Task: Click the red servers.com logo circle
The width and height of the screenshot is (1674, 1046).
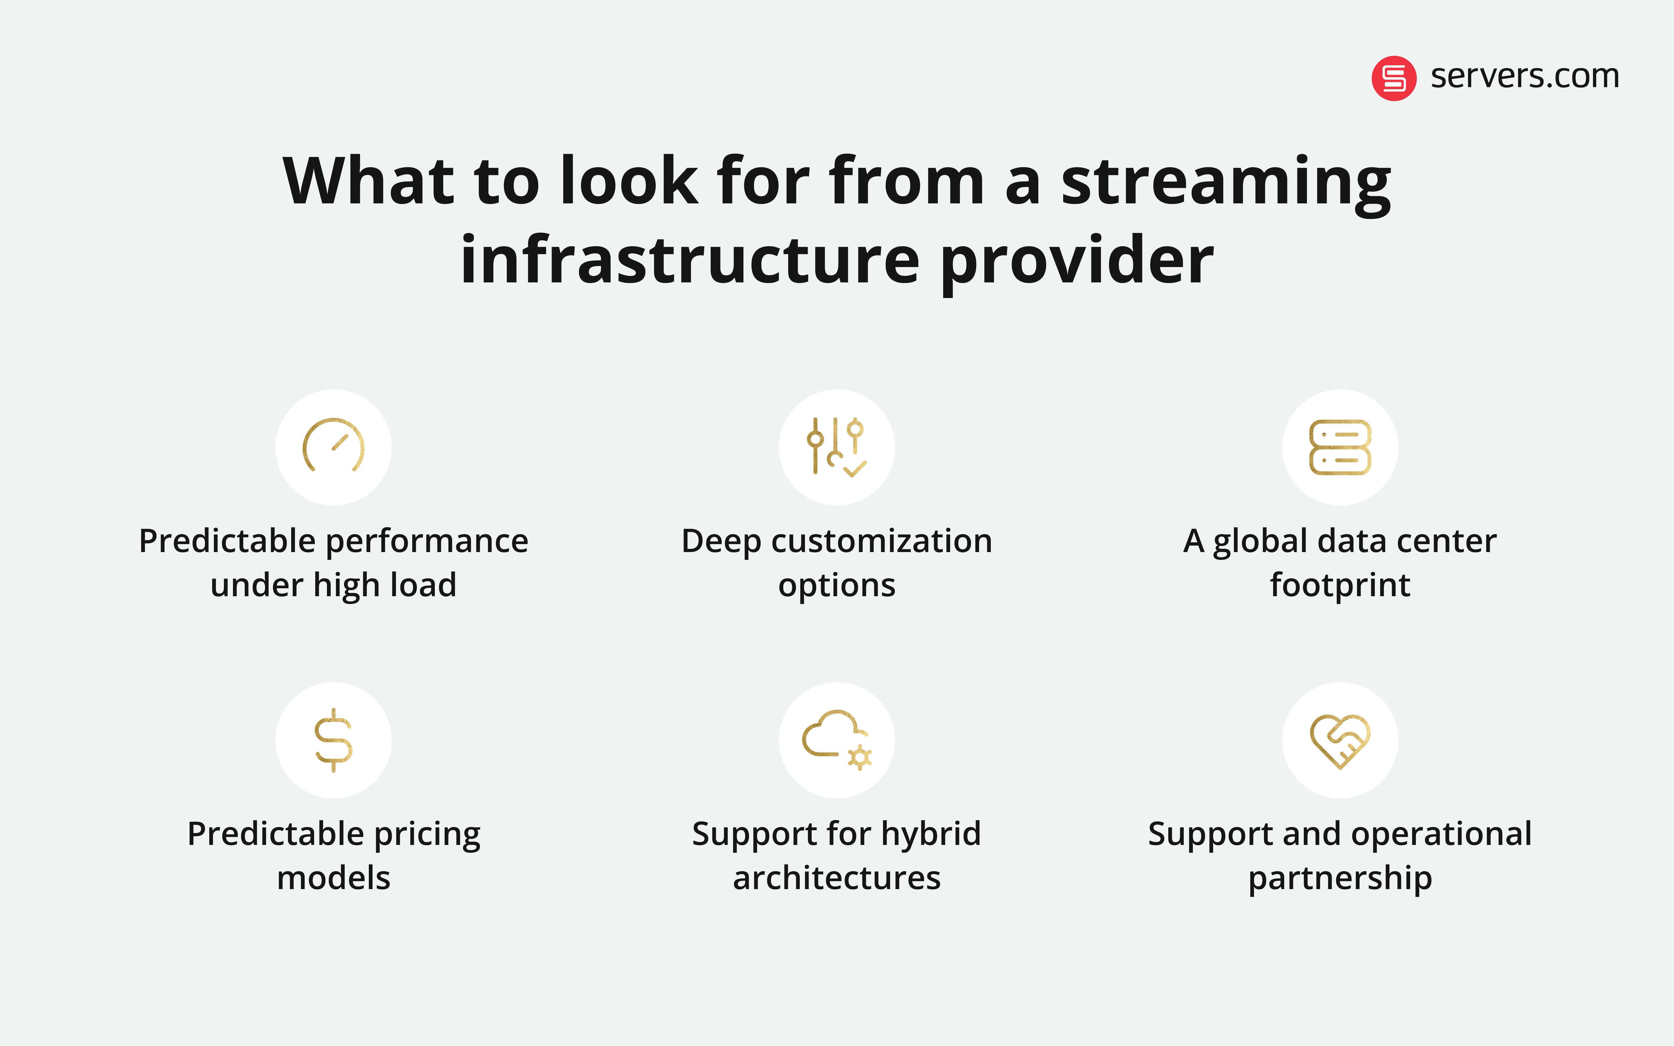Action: (x=1394, y=78)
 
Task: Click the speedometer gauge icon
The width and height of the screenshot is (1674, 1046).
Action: (x=333, y=446)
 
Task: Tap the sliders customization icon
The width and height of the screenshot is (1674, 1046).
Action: (x=836, y=446)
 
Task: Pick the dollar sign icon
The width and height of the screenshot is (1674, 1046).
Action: (x=333, y=739)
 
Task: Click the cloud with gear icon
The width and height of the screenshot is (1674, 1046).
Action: (x=836, y=739)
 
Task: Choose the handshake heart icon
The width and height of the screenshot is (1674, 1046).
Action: (x=1340, y=739)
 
